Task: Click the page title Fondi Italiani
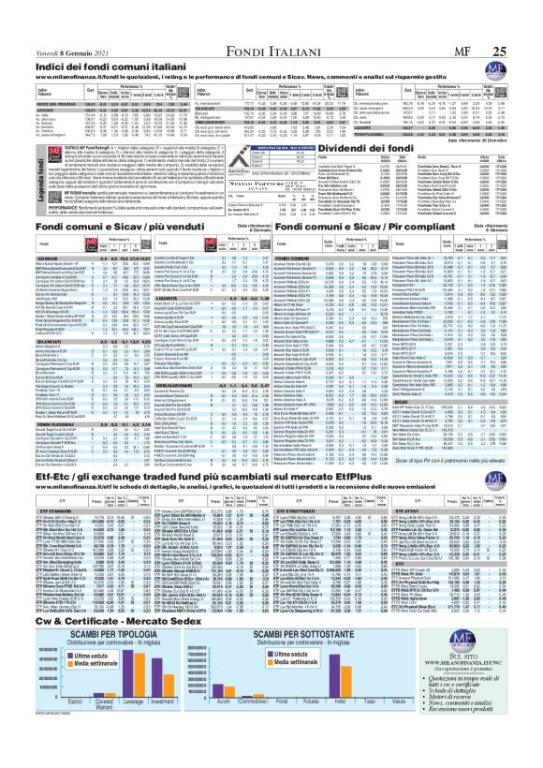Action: point(271,11)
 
